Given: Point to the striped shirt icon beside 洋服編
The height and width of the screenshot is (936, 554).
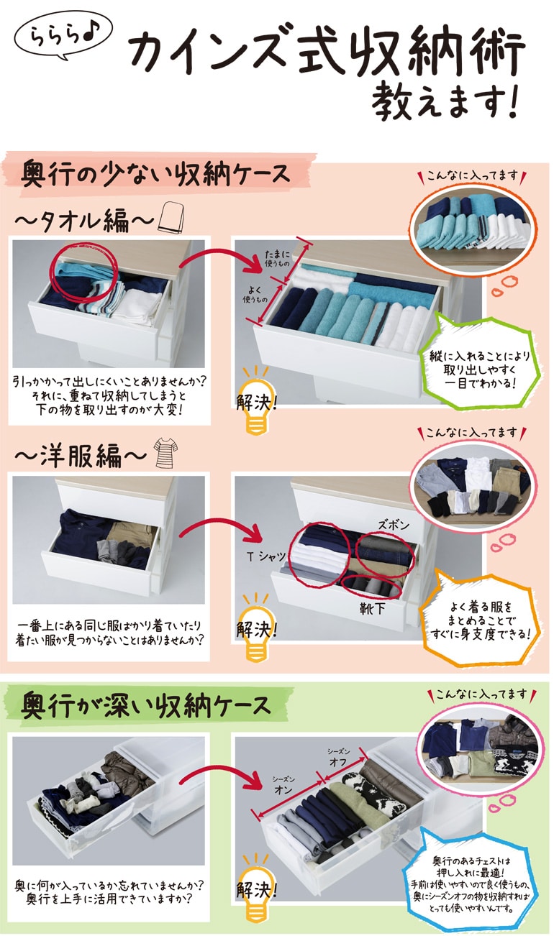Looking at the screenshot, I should pos(165,454).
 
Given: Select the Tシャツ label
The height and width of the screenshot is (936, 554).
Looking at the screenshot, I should pos(266,556).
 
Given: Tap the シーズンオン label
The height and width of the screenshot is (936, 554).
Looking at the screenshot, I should pos(281,784).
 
